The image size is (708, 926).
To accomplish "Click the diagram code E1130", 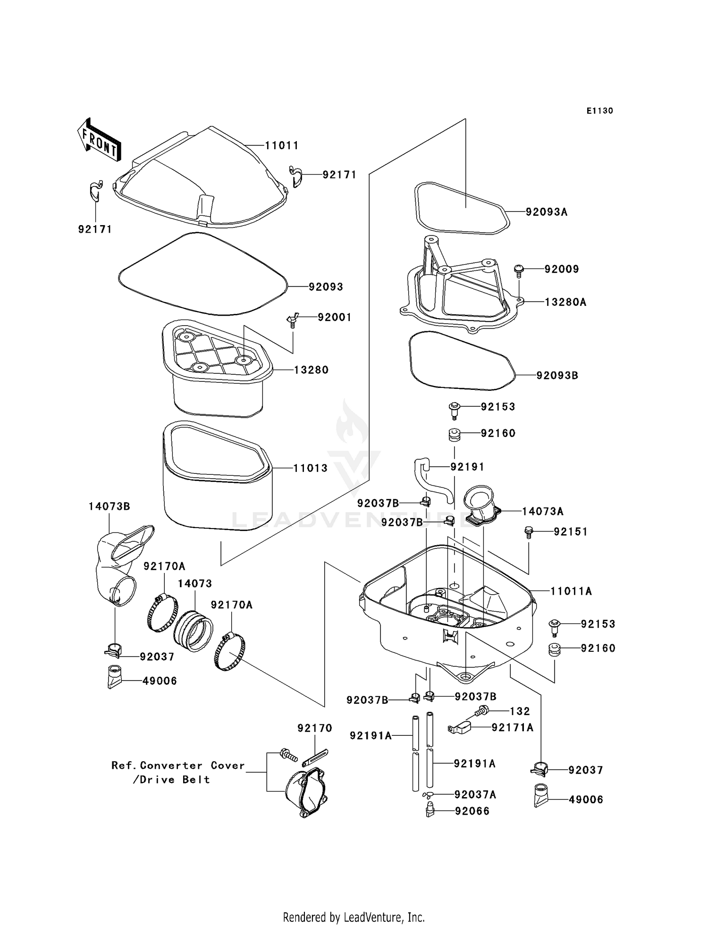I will [599, 111].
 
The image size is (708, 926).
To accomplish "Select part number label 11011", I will [281, 146].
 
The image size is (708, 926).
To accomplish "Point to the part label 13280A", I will [565, 302].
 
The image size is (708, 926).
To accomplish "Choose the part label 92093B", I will [557, 376].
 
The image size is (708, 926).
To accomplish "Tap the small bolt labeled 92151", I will [528, 532].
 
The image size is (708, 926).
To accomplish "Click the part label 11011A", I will [571, 591].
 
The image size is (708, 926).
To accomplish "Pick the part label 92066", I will [472, 811].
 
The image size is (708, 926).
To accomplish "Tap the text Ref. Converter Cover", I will [178, 766].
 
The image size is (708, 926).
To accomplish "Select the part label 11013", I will [310, 468].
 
